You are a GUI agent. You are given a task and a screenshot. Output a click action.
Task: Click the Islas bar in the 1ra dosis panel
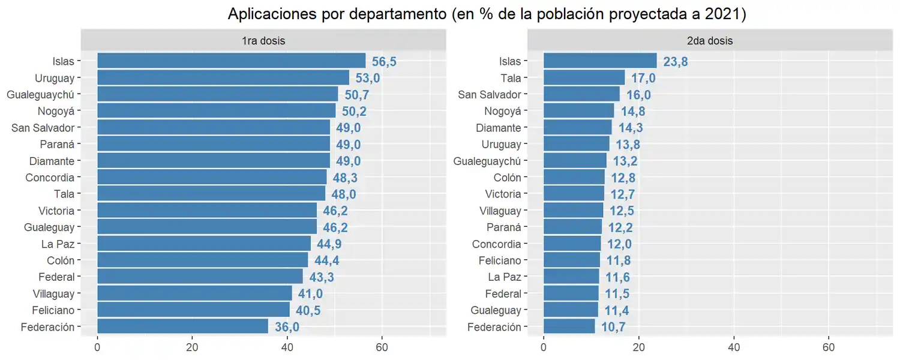pyautogui.click(x=231, y=61)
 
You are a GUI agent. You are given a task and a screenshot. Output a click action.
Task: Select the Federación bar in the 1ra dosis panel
pyautogui.click(x=182, y=326)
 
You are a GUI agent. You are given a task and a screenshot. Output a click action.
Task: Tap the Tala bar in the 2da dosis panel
pyautogui.click(x=584, y=77)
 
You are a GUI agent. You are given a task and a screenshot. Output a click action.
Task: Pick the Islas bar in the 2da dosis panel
pyautogui.click(x=600, y=61)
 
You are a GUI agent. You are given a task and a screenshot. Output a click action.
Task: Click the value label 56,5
pyautogui.click(x=384, y=61)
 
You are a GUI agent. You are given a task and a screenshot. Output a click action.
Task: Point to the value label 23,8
pyautogui.click(x=675, y=61)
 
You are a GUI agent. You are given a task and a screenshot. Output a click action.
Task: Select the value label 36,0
pyautogui.click(x=286, y=327)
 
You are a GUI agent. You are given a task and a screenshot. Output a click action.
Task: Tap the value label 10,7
pyautogui.click(x=613, y=327)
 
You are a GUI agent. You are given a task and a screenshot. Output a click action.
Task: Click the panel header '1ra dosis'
pyautogui.click(x=263, y=41)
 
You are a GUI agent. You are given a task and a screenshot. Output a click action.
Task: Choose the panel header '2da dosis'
pyautogui.click(x=710, y=41)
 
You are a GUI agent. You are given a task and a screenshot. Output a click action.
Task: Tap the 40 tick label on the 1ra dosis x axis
pyautogui.click(x=287, y=347)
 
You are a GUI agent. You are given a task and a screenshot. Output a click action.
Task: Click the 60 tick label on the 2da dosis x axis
pyautogui.click(x=828, y=347)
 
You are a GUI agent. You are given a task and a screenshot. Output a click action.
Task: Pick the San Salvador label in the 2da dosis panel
pyautogui.click(x=490, y=94)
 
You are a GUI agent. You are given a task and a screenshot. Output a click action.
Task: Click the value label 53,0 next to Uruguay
pyautogui.click(x=367, y=78)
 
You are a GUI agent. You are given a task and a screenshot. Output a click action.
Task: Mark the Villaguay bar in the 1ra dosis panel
pyautogui.click(x=194, y=293)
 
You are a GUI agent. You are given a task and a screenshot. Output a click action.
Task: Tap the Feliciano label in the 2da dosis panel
pyautogui.click(x=500, y=260)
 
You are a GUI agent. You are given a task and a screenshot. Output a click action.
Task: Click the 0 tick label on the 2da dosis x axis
pyautogui.click(x=544, y=347)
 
